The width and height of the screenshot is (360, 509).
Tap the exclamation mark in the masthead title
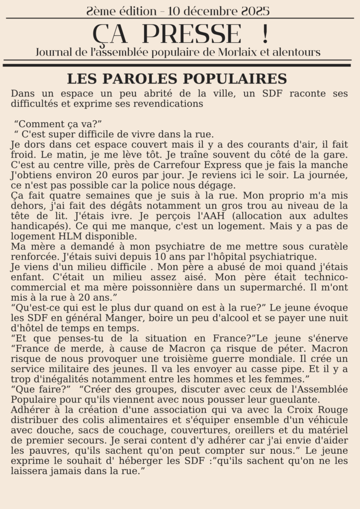pyautogui.click(x=264, y=34)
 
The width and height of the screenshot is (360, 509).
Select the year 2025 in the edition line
pyautogui.click(x=254, y=10)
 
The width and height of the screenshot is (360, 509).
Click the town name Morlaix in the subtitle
pyautogui.click(x=238, y=52)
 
